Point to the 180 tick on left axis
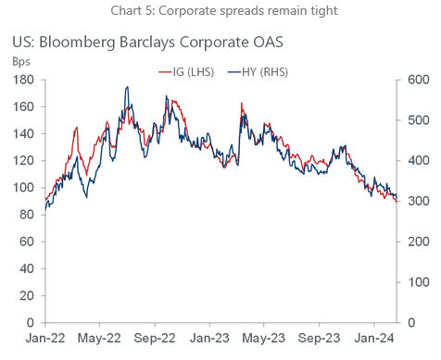click(24, 81)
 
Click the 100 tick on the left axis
click(24, 188)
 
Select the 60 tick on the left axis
click(27, 242)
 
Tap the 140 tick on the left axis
click(24, 134)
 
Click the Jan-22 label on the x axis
click(44, 339)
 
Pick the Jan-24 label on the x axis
click(374, 339)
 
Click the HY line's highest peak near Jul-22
click(127, 88)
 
